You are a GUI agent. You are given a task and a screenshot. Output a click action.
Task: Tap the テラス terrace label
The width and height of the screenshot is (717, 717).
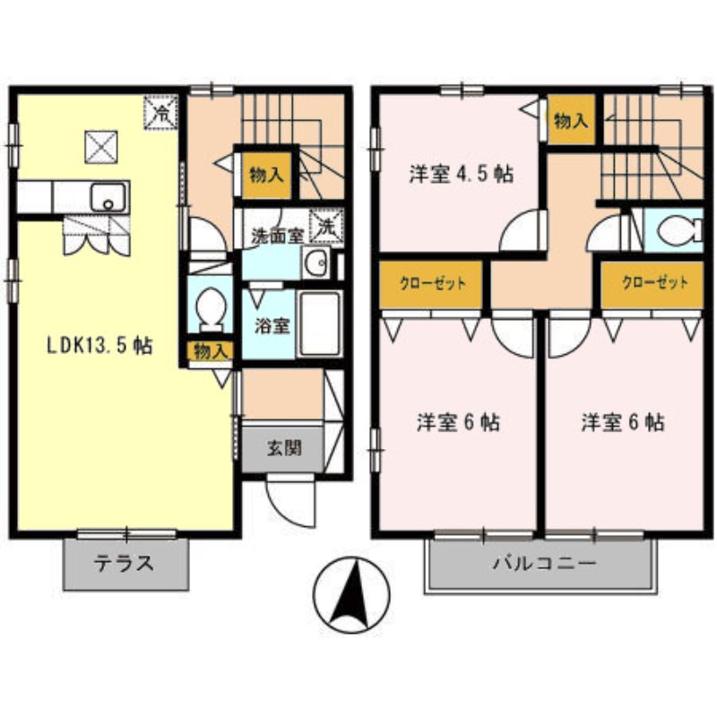click(125, 564)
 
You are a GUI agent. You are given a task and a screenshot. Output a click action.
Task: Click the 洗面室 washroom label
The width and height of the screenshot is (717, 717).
click(274, 238)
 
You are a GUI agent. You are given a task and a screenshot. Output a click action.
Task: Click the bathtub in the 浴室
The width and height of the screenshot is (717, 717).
click(318, 324)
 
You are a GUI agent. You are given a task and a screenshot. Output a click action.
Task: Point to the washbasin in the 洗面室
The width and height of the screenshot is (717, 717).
click(315, 263)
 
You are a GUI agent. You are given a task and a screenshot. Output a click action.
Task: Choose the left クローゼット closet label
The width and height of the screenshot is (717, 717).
click(433, 284)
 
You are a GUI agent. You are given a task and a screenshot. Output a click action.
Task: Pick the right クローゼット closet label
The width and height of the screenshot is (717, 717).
click(656, 282)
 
